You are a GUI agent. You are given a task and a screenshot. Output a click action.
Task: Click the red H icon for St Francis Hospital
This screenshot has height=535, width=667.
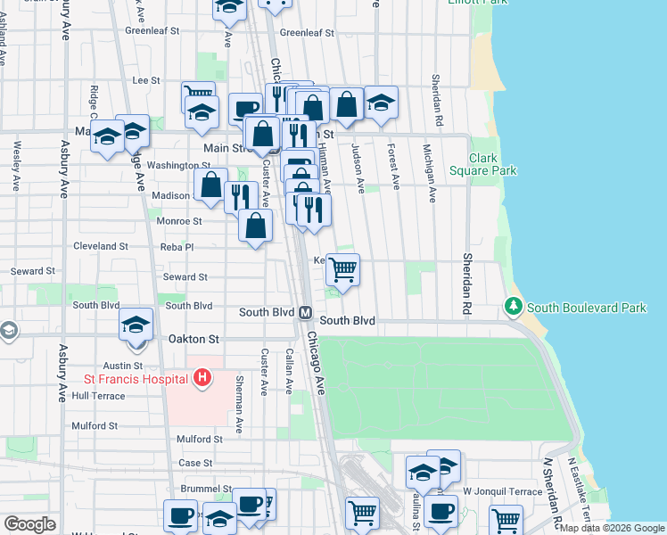202,378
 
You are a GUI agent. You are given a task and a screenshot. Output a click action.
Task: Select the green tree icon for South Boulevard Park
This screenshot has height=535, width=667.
514,307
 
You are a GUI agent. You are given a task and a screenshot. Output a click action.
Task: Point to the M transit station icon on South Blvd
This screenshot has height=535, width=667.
304,313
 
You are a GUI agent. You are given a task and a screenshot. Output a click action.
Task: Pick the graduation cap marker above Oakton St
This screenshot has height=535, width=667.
136,324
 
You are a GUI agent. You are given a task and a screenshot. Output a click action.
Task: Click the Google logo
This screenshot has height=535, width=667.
29,524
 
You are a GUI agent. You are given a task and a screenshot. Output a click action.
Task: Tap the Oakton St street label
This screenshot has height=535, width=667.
194,340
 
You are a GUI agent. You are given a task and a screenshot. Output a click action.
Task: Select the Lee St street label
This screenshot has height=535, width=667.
145,80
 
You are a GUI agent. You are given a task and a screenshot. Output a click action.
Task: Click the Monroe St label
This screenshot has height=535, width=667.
179,221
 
